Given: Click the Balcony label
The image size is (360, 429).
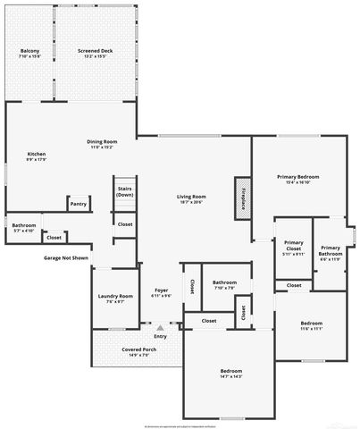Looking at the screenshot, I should (x=29, y=54).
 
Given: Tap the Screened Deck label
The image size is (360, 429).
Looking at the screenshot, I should (x=94, y=54).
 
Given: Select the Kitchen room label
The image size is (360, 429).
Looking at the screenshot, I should (x=36, y=156).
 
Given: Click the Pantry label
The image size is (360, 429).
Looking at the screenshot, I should (x=79, y=204).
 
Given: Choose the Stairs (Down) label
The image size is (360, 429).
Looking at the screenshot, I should (x=124, y=191).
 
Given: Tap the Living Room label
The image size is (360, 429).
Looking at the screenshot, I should (x=191, y=199).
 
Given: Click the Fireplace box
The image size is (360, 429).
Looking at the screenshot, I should (x=243, y=194).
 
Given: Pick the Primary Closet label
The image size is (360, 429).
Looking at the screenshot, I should (x=294, y=248).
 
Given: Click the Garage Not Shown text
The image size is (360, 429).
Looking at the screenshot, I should (x=66, y=258).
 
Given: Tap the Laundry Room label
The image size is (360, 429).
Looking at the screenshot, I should (x=115, y=299).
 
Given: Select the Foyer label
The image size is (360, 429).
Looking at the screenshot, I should (x=161, y=292).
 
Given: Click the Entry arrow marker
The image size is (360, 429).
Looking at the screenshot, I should (x=161, y=327).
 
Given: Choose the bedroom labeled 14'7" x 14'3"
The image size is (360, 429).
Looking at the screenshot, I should (x=231, y=374).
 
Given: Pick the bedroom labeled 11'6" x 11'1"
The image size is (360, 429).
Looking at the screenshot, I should (x=311, y=325).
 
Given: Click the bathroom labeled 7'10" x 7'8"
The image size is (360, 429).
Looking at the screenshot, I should (x=223, y=286).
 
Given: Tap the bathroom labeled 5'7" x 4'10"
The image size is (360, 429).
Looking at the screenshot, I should (x=24, y=227).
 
